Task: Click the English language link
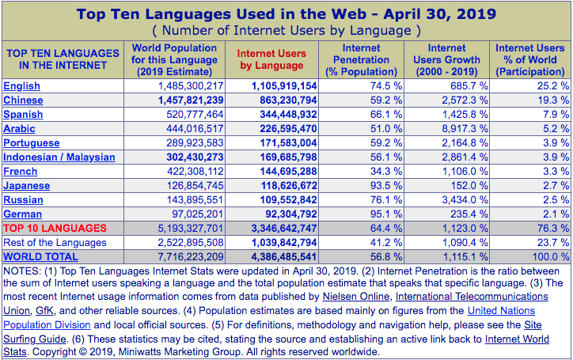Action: coord(21,85)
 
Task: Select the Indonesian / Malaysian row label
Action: coord(59,157)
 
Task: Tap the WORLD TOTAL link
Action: coord(40,256)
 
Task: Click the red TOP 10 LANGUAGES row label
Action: coord(55,228)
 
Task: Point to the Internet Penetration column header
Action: coord(361,59)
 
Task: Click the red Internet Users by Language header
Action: coord(271,59)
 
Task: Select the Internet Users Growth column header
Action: coord(447,59)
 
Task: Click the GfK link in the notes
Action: coord(45,310)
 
